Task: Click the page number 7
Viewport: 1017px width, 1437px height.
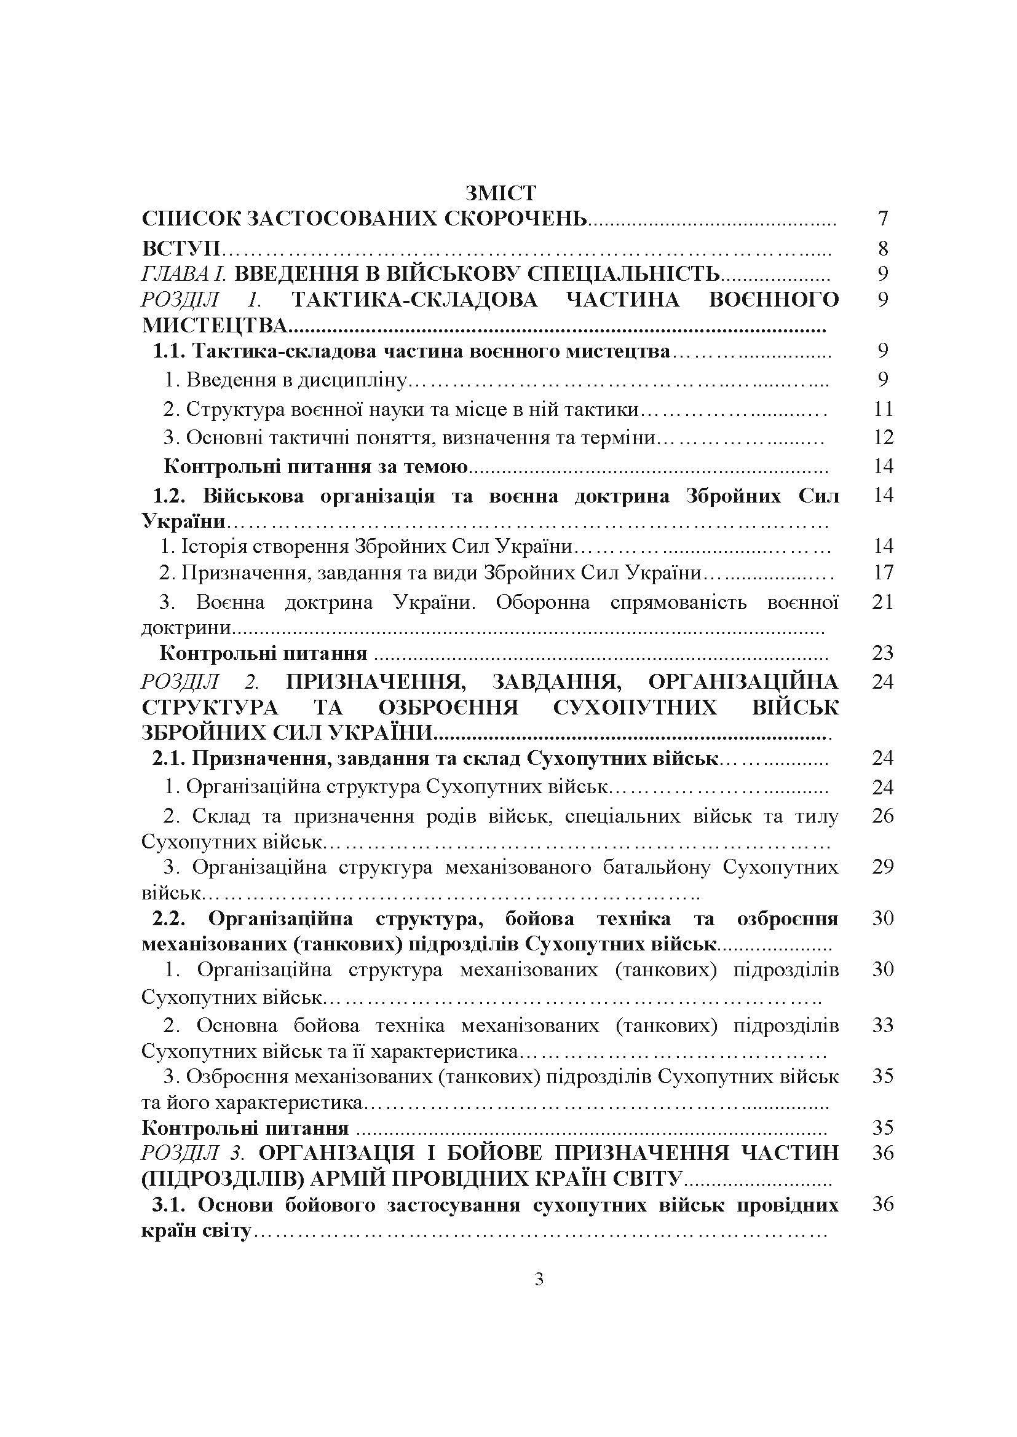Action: pyautogui.click(x=883, y=219)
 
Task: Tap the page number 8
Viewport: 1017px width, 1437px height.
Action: pyautogui.click(x=883, y=248)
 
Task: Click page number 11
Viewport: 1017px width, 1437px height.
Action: pyautogui.click(x=882, y=409)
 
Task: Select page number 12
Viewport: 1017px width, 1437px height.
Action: pyautogui.click(x=882, y=437)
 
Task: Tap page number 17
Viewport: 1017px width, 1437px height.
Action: pyautogui.click(x=882, y=572)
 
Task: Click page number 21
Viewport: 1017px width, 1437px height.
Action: pyautogui.click(x=882, y=602)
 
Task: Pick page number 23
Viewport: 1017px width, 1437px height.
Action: pyautogui.click(x=882, y=653)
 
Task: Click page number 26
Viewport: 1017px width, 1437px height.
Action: pyautogui.click(x=882, y=816)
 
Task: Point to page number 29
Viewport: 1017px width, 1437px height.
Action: pyautogui.click(x=882, y=867)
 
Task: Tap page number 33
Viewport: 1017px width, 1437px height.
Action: pyautogui.click(x=882, y=1025)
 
